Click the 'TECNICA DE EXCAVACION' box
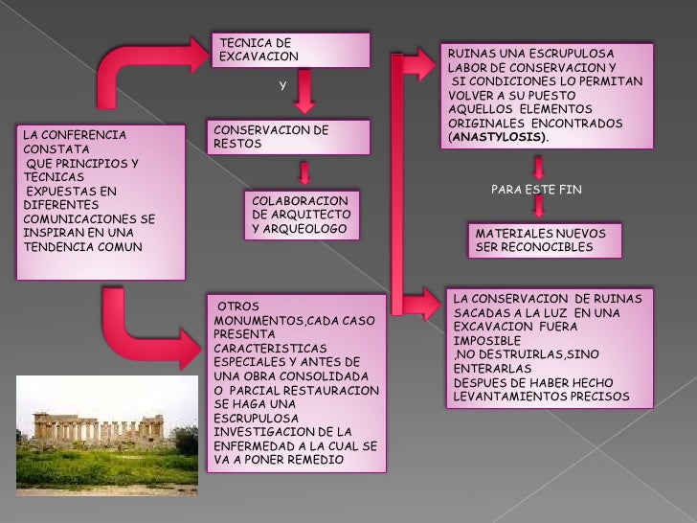tap(291, 50)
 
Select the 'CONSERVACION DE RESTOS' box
tap(288, 137)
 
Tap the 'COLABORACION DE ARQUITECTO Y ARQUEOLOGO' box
tap(302, 216)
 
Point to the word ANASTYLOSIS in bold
tap(498, 138)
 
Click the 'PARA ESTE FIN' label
tap(536, 190)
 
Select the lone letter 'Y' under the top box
tap(282, 85)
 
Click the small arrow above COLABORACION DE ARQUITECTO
tap(304, 173)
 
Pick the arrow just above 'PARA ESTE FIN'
tap(539, 167)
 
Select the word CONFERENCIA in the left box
tap(85, 136)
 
